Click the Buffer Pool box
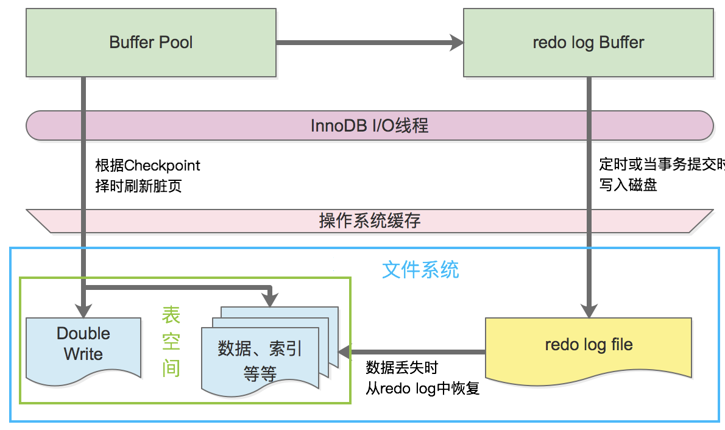150,43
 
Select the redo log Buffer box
588,43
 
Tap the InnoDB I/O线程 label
369,125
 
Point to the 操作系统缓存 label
369,220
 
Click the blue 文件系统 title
420,270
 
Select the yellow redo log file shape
588,350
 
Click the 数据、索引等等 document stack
270,351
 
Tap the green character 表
171,315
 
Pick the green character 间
171,368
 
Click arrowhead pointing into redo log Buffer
457,43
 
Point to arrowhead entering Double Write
83,311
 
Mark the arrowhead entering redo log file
589,311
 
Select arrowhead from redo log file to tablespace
345,352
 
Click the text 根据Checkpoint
147,165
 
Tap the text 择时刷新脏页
138,186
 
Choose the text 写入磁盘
628,185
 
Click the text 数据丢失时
402,368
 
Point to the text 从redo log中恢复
423,388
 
